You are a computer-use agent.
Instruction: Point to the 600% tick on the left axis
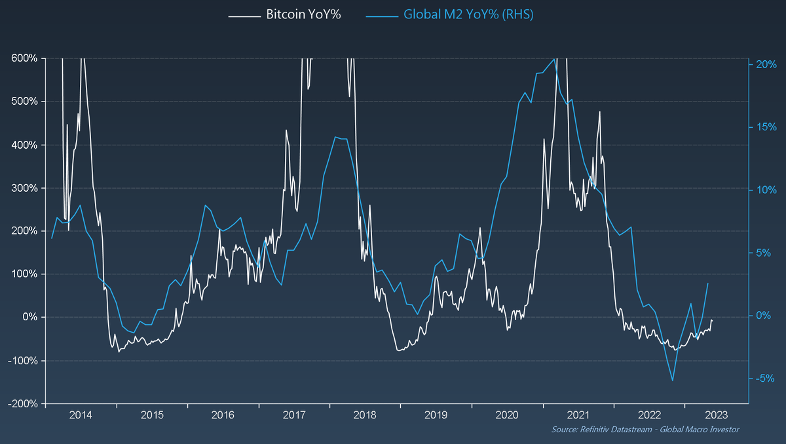click(x=24, y=58)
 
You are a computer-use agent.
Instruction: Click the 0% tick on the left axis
click(x=29, y=318)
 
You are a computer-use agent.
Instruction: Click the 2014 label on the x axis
click(x=81, y=415)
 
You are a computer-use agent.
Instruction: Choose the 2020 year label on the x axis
click(x=507, y=415)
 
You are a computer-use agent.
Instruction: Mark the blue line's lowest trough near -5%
click(x=672, y=380)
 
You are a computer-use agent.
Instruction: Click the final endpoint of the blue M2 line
click(x=708, y=283)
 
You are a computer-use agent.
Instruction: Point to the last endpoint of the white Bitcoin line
click(x=712, y=320)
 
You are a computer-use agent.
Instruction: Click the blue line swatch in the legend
click(x=383, y=15)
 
